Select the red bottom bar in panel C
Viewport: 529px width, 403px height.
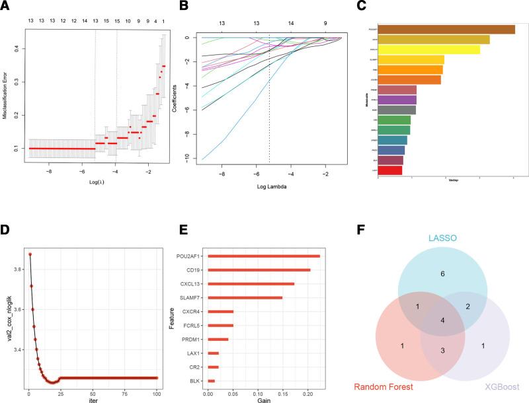pos(389,170)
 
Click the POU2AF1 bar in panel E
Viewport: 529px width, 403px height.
pos(264,256)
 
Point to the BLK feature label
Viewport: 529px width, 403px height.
pos(197,381)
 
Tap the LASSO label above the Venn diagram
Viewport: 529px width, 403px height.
pos(442,237)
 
